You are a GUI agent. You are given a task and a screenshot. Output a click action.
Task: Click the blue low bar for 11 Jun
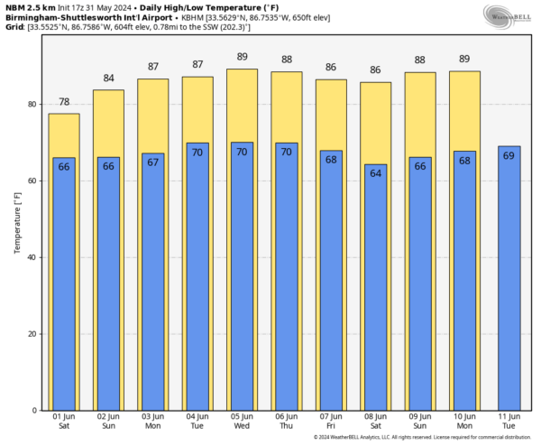coord(509,280)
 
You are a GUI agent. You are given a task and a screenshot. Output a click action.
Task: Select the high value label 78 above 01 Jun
coord(64,102)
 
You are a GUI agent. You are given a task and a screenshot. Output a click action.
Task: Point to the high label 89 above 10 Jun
coord(464,60)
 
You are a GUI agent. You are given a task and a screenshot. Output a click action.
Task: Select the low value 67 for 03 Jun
coord(153,162)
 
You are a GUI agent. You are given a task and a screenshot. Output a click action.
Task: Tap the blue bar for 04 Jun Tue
coord(197,280)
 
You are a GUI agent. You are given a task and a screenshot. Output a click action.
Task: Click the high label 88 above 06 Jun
coord(287,60)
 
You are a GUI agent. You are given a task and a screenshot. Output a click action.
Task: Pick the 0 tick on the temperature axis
coord(33,411)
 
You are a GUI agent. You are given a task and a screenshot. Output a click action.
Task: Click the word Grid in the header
coord(14,28)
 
